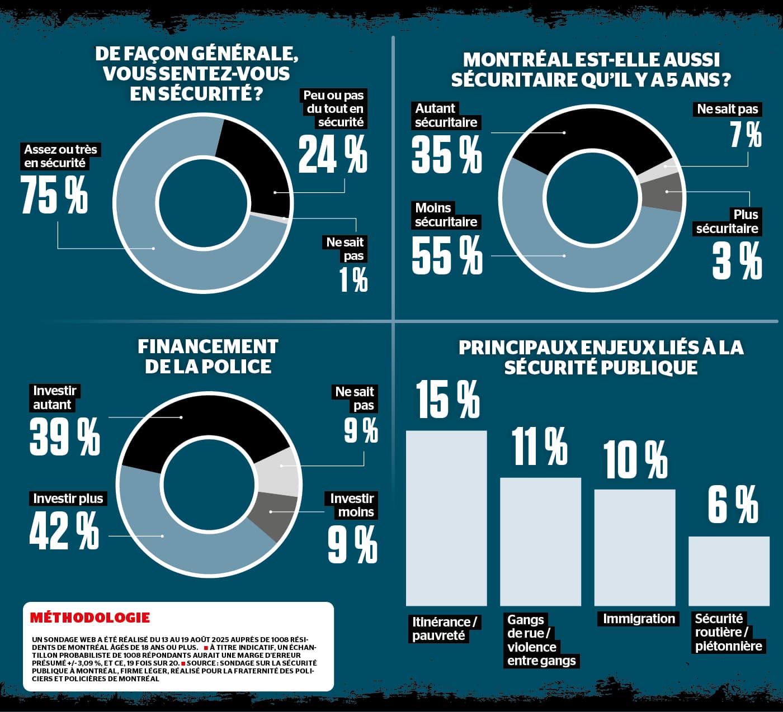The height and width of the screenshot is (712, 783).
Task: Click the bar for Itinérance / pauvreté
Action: [x=446, y=518]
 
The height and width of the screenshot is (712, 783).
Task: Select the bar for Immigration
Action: [x=634, y=547]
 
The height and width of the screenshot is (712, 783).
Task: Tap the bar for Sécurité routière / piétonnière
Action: [x=728, y=571]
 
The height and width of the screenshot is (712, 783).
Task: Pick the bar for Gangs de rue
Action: [x=540, y=541]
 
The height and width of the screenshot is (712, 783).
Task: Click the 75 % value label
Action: [x=54, y=194]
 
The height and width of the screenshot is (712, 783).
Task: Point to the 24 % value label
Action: [x=333, y=155]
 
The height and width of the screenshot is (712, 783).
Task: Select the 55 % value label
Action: [x=446, y=255]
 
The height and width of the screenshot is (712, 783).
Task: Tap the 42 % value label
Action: [x=64, y=530]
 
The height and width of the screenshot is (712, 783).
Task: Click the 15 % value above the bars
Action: [x=447, y=400]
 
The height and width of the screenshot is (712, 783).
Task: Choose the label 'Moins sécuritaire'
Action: [x=446, y=215]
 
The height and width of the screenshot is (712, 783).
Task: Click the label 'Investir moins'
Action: [x=352, y=505]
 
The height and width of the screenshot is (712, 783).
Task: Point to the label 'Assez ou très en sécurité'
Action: [x=60, y=156]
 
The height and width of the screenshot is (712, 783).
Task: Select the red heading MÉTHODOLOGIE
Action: [x=90, y=618]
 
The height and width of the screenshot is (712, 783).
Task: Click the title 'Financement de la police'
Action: [x=208, y=357]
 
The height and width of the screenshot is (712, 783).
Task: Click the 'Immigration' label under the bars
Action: [x=639, y=619]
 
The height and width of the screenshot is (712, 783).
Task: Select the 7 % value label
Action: [x=746, y=135]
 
